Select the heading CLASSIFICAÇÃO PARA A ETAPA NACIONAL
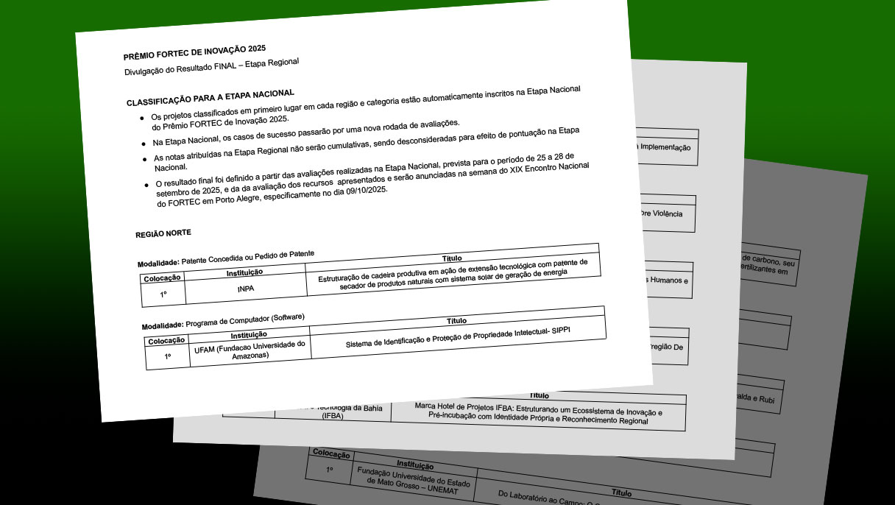(x=211, y=97)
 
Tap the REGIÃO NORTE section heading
(x=163, y=234)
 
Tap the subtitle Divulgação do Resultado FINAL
(x=212, y=67)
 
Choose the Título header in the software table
(x=457, y=320)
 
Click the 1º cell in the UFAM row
(x=168, y=356)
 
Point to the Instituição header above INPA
(x=244, y=273)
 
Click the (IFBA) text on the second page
(x=333, y=416)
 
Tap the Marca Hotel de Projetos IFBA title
(x=539, y=413)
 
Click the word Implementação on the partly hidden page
(x=666, y=147)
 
